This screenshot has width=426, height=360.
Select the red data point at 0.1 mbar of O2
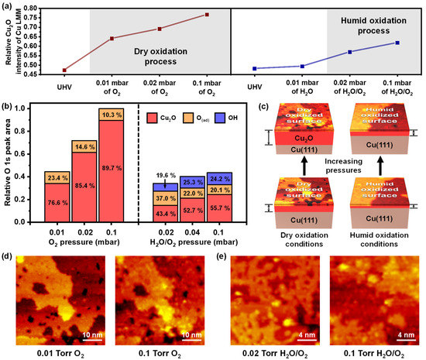(x=207, y=15)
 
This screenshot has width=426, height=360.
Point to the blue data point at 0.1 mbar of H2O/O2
(x=397, y=43)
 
